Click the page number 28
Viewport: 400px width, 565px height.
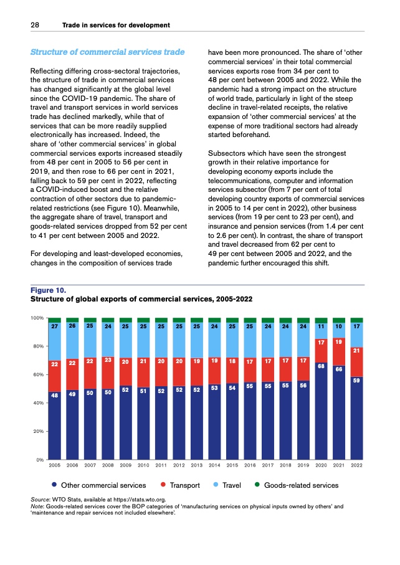[36, 25]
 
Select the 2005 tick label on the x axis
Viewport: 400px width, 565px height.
[54, 465]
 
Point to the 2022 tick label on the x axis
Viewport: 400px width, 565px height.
[357, 465]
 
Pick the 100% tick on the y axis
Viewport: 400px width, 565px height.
[36, 318]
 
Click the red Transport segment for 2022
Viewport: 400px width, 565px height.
[357, 361]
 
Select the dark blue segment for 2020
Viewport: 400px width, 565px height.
[321, 411]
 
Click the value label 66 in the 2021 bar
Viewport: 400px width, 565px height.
[339, 369]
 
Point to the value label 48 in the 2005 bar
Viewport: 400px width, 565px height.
[54, 395]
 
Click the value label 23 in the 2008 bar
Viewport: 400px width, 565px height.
[108, 359]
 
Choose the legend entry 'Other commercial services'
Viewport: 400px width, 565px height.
[103, 485]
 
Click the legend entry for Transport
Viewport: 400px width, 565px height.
[184, 485]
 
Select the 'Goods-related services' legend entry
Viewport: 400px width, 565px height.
[301, 485]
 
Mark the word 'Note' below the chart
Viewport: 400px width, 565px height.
[37, 507]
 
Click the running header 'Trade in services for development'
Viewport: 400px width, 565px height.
[116, 25]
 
